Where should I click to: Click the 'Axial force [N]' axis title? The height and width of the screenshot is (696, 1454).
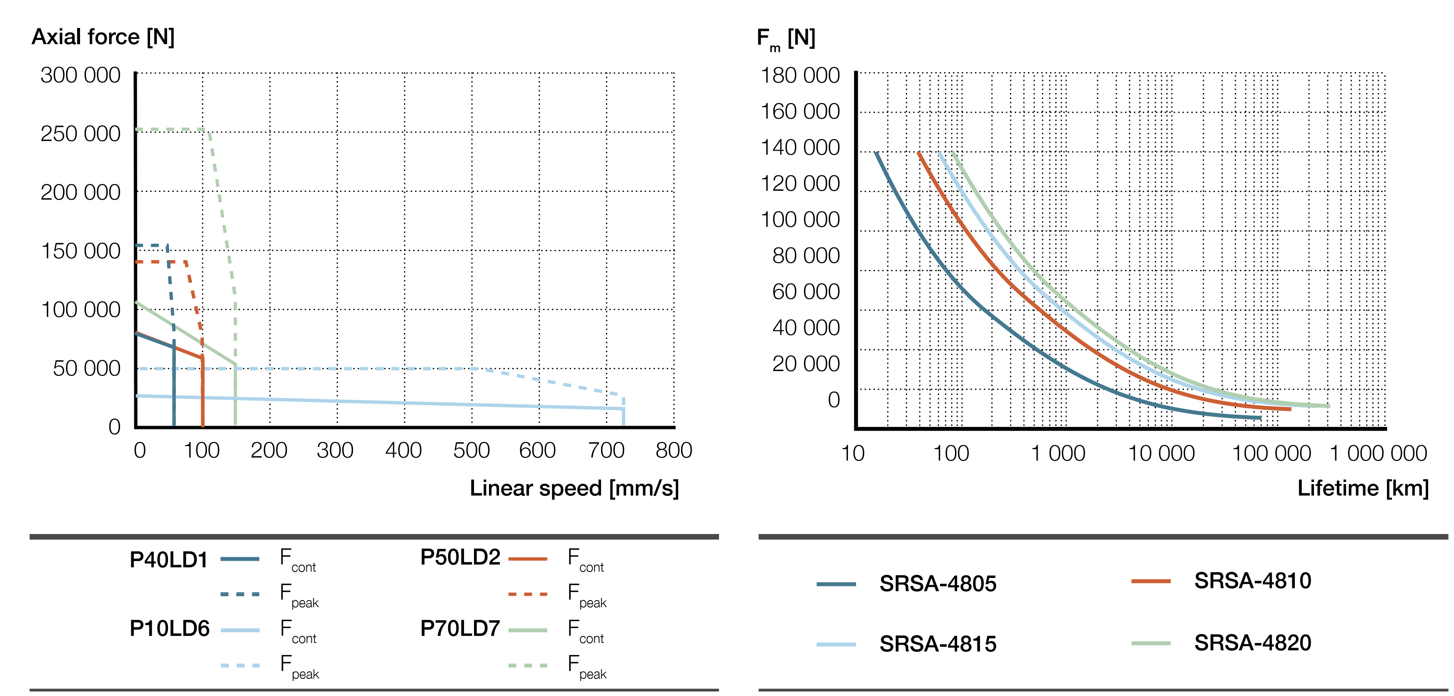coord(103,37)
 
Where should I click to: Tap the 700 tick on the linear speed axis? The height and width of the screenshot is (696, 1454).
coord(606,450)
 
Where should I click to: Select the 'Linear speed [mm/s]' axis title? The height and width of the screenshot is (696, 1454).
coord(574,488)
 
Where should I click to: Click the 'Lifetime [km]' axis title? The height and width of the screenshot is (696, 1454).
coord(1363,488)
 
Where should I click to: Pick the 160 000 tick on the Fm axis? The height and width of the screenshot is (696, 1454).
coord(800,111)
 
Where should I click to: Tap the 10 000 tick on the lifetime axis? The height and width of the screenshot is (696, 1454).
coord(1161,453)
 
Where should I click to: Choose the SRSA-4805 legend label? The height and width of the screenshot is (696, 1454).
coord(938,584)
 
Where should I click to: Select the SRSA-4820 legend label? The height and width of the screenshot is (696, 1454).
coord(1253,643)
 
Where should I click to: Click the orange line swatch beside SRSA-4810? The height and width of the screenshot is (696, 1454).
coord(1151,581)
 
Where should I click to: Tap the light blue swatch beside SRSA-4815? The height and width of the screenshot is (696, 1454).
coord(836,644)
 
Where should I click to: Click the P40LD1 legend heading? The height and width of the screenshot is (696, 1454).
coord(168,560)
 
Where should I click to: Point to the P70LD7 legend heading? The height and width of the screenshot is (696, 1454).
coord(460,628)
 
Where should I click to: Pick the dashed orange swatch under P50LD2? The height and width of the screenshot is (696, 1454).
coord(528,594)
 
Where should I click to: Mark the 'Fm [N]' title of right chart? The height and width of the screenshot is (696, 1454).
coord(785,38)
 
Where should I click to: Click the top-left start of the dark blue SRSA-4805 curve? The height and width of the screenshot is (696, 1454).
coord(876,153)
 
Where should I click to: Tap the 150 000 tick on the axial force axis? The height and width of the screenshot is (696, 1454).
coord(81,251)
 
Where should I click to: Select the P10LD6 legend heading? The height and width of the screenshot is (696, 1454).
coord(169,628)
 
